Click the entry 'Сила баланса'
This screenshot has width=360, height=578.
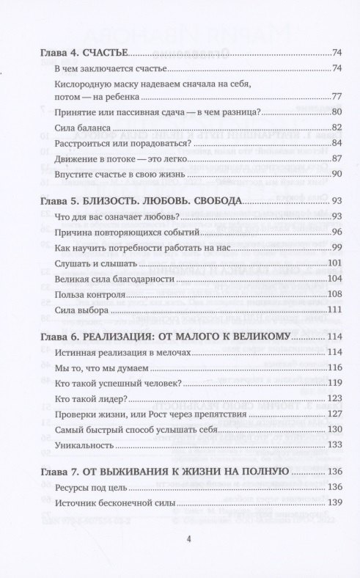78,127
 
